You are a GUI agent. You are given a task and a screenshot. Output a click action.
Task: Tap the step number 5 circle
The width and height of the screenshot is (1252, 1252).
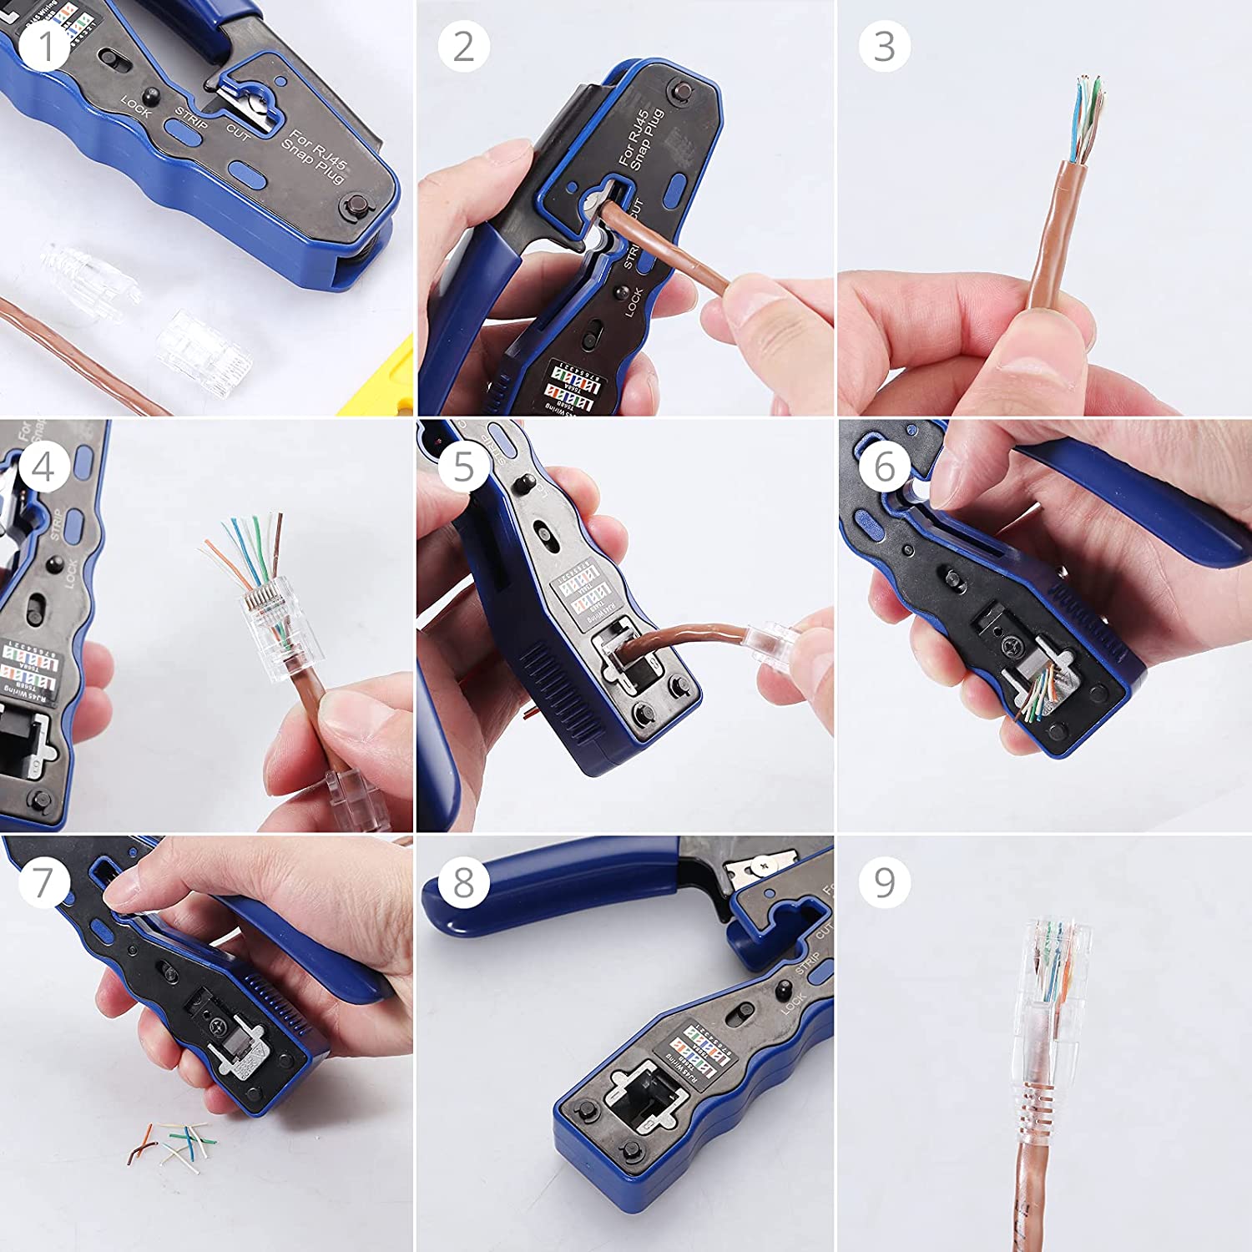click(x=463, y=465)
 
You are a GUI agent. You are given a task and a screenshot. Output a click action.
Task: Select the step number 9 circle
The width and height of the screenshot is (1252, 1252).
click(x=884, y=882)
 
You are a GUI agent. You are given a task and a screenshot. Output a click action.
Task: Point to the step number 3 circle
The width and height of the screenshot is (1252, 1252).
click(x=884, y=46)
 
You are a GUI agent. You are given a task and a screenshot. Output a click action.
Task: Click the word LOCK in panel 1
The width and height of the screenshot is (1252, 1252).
click(x=136, y=106)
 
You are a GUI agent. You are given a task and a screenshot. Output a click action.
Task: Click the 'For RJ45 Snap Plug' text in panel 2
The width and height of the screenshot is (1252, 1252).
click(x=640, y=139)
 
